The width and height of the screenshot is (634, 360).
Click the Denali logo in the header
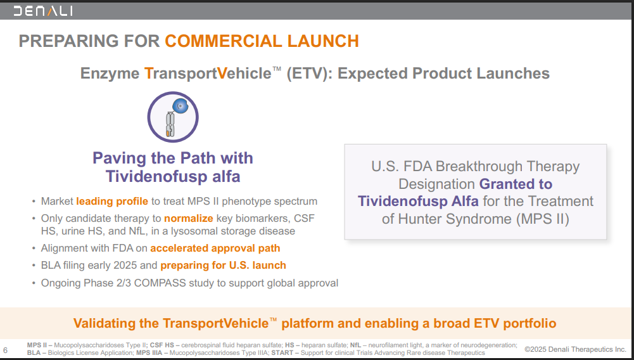pyautogui.click(x=43, y=11)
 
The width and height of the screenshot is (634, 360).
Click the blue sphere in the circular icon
pyautogui.click(x=180, y=106)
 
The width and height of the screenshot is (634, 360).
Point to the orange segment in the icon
pyautogui.click(x=167, y=132)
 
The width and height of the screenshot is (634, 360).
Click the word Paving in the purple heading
pyautogui.click(x=119, y=158)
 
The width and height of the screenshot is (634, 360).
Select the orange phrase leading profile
pyautogui.click(x=112, y=202)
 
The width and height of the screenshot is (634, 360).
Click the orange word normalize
pyautogui.click(x=188, y=219)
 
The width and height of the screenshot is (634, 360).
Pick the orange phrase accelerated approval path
pyautogui.click(x=215, y=248)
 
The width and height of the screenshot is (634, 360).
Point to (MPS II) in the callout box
pyautogui.click(x=543, y=219)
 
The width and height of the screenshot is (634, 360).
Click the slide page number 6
pyautogui.click(x=5, y=350)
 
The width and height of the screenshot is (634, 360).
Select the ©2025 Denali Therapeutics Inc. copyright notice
pyautogui.click(x=575, y=349)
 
